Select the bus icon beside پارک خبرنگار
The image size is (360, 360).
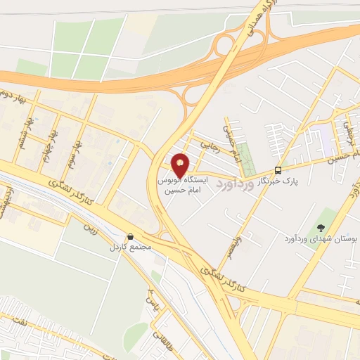[278, 170]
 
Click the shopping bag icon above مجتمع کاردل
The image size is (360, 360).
[129, 236]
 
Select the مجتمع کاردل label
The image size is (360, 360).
[127, 247]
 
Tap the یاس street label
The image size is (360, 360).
[148, 300]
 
